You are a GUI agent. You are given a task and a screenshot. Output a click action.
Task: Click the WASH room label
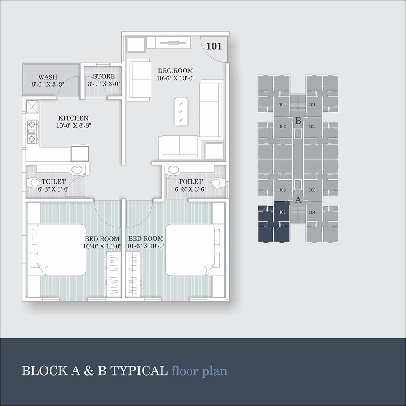pos(48,77)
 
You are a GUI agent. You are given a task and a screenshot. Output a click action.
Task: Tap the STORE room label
pos(104,76)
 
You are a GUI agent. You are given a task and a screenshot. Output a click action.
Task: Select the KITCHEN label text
pos(73,118)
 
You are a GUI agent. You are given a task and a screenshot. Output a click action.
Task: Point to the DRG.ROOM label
pos(175,71)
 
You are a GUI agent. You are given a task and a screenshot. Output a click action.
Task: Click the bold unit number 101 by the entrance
pos(214,46)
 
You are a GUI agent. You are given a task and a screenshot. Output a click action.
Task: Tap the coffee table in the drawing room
pos(181,112)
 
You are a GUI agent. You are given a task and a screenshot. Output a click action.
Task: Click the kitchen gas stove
pos(32,132)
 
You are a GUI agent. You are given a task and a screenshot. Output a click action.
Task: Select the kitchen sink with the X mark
pos(32,107)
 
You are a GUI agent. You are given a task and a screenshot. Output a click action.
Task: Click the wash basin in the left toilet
pos(77,170)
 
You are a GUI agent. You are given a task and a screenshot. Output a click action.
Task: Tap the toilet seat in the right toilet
pos(217,182)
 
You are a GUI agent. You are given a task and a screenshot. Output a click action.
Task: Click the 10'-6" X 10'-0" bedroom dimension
pos(146,246)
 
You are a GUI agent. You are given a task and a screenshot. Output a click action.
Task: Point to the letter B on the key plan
pos(298,121)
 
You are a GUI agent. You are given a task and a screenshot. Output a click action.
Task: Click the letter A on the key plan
pos(298,200)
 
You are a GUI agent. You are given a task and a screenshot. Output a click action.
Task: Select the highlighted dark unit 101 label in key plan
pos(282,212)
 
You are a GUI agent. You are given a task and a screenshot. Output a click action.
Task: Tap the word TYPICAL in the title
pos(139,371)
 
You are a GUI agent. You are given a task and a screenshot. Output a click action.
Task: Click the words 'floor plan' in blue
pos(199,371)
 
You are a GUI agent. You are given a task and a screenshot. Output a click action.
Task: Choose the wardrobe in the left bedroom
pos(113,275)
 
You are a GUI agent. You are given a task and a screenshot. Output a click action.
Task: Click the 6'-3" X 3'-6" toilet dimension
pos(54,189)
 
